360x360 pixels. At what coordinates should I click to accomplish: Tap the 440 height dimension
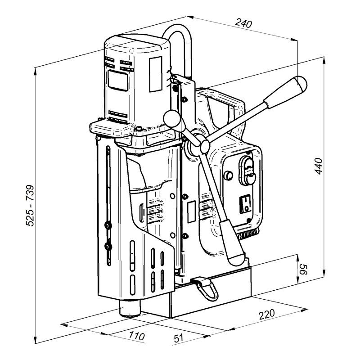318,166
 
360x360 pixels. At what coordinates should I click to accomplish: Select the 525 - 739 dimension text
31,211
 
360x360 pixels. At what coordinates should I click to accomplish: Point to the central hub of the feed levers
204,145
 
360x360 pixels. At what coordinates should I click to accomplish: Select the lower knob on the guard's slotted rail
107,246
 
